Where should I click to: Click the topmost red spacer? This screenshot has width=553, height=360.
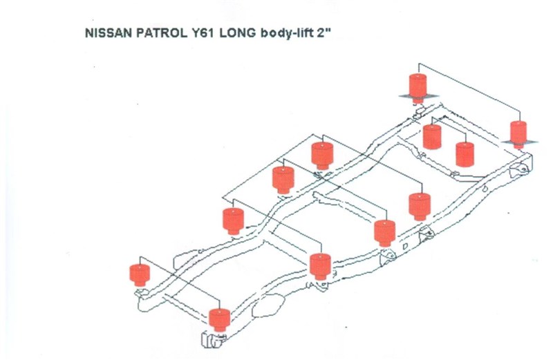tap(418, 85)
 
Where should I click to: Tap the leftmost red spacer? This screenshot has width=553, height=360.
tap(140, 274)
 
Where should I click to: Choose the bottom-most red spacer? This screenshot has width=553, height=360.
tap(220, 319)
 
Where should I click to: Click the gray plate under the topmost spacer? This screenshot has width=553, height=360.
tap(418, 96)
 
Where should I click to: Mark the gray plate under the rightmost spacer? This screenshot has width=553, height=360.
tap(518, 142)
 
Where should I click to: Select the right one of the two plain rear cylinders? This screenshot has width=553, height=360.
tap(465, 154)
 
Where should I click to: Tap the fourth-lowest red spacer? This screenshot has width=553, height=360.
tap(384, 232)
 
